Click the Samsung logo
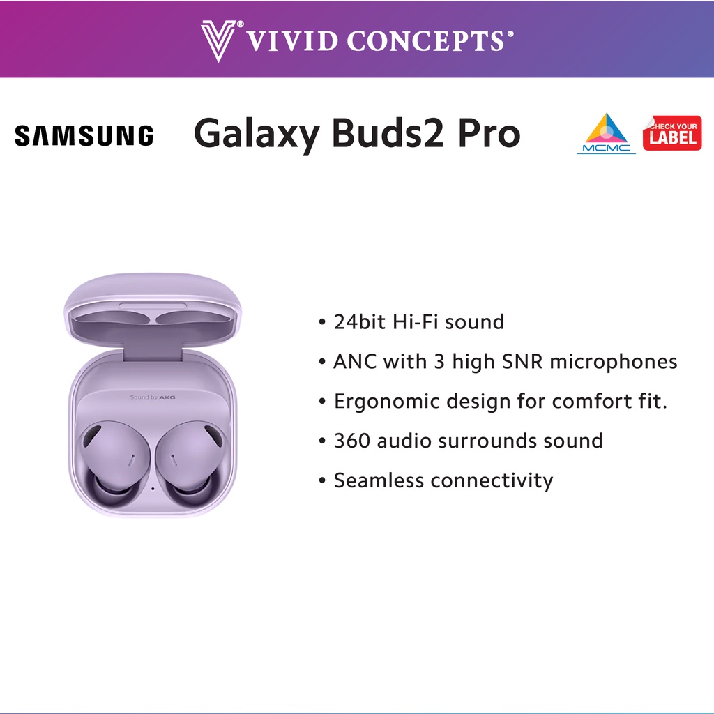pyautogui.click(x=84, y=136)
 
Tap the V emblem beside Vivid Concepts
pyautogui.click(x=218, y=40)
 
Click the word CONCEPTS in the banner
pyautogui.click(x=426, y=41)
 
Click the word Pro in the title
pyautogui.click(x=489, y=133)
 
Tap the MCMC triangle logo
pyautogui.click(x=606, y=133)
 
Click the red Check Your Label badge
pyautogui.click(x=672, y=133)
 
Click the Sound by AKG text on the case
pyautogui.click(x=153, y=397)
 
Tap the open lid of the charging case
pyautogui.click(x=153, y=310)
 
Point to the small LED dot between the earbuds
pyautogui.click(x=153, y=489)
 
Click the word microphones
pyautogui.click(x=614, y=363)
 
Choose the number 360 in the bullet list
pyautogui.click(x=352, y=441)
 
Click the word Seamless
pyautogui.click(x=379, y=480)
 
